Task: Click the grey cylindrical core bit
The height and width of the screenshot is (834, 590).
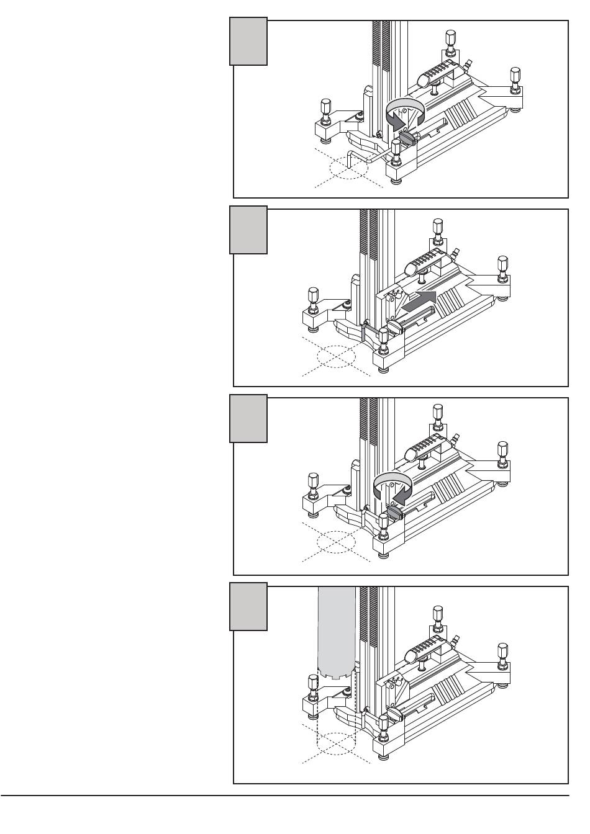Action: pyautogui.click(x=336, y=633)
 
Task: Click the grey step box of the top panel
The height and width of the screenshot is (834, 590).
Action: pyautogui.click(x=248, y=42)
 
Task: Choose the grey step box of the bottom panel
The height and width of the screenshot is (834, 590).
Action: pyautogui.click(x=248, y=607)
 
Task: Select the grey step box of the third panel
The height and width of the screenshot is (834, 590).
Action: pyautogui.click(x=248, y=418)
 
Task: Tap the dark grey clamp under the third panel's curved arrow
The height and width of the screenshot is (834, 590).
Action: pyautogui.click(x=394, y=511)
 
